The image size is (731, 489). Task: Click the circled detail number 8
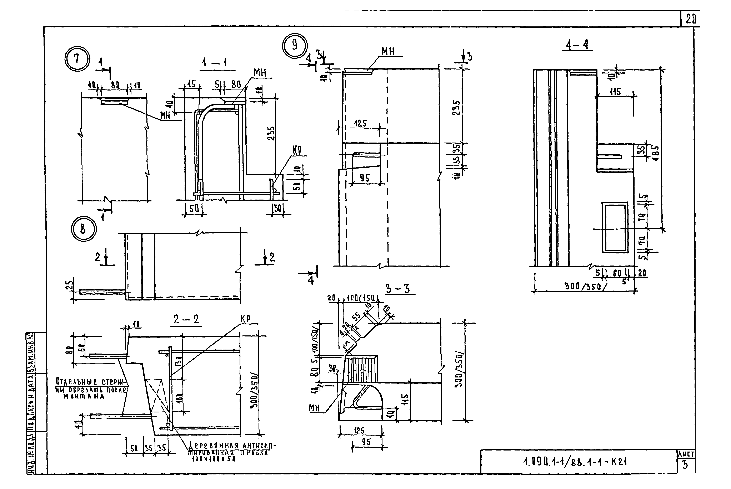[x=83, y=229]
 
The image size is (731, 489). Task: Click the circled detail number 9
[x=295, y=46]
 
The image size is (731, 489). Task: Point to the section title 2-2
[x=186, y=319]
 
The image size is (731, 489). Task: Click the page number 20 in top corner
[x=690, y=20]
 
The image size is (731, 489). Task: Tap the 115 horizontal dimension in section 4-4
[x=615, y=92]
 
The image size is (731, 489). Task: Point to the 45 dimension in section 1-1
[x=191, y=84]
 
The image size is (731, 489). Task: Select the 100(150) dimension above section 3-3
[x=362, y=298]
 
